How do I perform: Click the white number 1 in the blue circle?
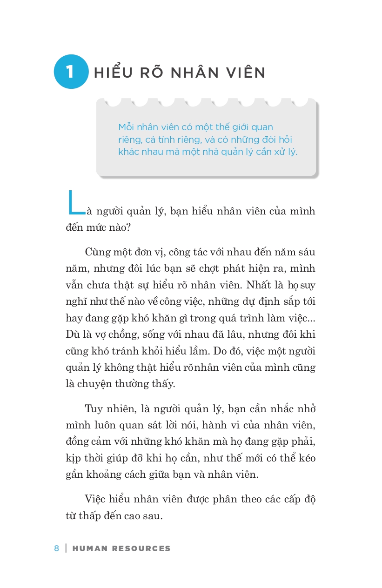pos(70,72)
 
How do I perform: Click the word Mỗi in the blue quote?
pos(126,127)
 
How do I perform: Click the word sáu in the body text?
pos(306,252)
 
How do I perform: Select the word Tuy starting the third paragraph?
pos(94,409)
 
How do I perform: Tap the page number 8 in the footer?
pos(57,548)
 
